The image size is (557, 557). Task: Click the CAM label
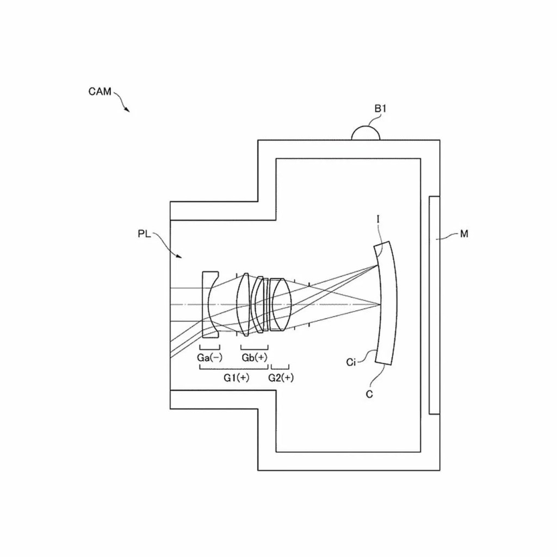click(100, 92)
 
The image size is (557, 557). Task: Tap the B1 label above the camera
click(380, 109)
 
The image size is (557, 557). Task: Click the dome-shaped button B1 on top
click(365, 134)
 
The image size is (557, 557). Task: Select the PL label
click(145, 234)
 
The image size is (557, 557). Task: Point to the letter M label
click(463, 234)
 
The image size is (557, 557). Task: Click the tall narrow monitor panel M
click(434, 305)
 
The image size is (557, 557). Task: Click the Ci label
click(351, 362)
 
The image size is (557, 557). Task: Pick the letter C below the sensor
click(369, 394)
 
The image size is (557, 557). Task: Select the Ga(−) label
click(209, 357)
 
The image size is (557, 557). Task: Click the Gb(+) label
click(255, 357)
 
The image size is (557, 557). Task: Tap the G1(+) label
click(237, 378)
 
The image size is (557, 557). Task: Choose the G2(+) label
click(281, 378)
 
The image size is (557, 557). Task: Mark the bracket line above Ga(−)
click(209, 346)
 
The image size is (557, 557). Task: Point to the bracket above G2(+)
click(280, 367)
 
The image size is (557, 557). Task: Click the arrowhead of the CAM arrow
click(128, 110)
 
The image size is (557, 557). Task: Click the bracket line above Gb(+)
click(254, 346)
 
